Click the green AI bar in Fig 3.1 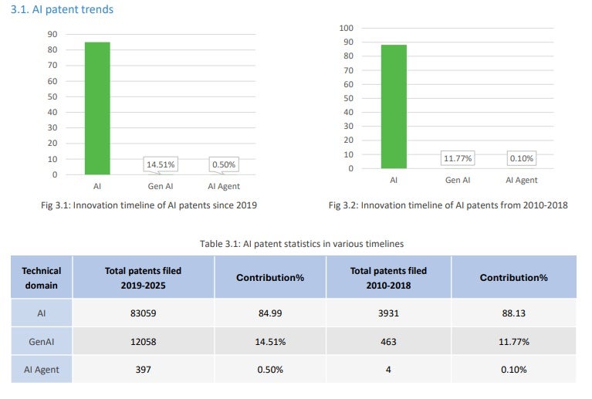[97, 108]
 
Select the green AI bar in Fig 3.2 [394, 107]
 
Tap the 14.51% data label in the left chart [161, 164]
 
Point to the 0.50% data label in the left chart [224, 164]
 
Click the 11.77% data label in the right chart [457, 158]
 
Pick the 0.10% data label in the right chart [521, 158]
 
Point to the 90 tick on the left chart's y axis [52, 35]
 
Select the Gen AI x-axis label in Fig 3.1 [161, 186]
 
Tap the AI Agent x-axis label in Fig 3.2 [521, 180]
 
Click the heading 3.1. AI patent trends [58, 10]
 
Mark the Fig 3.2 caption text [448, 205]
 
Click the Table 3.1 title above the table [302, 243]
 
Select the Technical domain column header [42, 278]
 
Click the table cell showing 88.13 [513, 313]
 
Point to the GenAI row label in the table [42, 341]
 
